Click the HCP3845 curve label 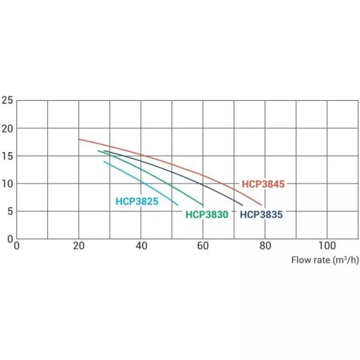coord(263,184)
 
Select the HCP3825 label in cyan coord(137,202)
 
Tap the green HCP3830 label coord(207,214)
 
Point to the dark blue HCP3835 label coord(261,214)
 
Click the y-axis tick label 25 coord(7,100)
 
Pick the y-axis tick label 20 coord(7,128)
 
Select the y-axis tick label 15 coord(7,156)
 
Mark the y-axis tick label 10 coord(7,183)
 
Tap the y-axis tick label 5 coord(10,211)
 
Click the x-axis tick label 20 coord(79,245)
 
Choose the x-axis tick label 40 coord(141,245)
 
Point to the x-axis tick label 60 coord(203,245)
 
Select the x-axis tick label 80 coord(265,245)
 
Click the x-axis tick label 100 coord(327,245)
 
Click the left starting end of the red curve coord(79,139)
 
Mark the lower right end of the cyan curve coord(178,205)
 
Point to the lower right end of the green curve coord(203,205)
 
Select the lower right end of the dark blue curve coord(242,205)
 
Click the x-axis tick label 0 coord(17,245)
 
